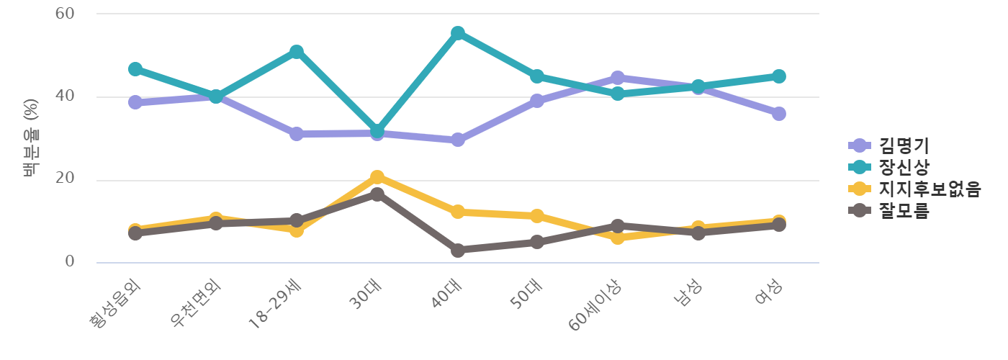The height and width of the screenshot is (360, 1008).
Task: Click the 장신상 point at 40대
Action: pyautogui.click(x=457, y=33)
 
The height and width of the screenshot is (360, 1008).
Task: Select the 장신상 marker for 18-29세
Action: pyautogui.click(x=296, y=52)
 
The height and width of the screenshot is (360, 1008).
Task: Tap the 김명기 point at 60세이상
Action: pyautogui.click(x=618, y=77)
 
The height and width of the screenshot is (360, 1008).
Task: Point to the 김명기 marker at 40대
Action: pyautogui.click(x=457, y=140)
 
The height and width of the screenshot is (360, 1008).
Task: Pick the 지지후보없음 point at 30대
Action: pyautogui.click(x=377, y=176)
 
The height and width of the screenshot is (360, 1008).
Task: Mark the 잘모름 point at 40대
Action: pyautogui.click(x=457, y=250)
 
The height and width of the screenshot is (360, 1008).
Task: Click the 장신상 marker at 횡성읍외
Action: pyautogui.click(x=135, y=69)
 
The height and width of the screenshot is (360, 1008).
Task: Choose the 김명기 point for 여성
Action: pyautogui.click(x=779, y=114)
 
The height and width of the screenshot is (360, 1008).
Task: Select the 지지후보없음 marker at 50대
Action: pyautogui.click(x=537, y=216)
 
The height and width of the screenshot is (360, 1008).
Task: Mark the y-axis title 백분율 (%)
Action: pyautogui.click(x=31, y=138)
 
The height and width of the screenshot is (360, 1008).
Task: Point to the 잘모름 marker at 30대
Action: pyautogui.click(x=377, y=194)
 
